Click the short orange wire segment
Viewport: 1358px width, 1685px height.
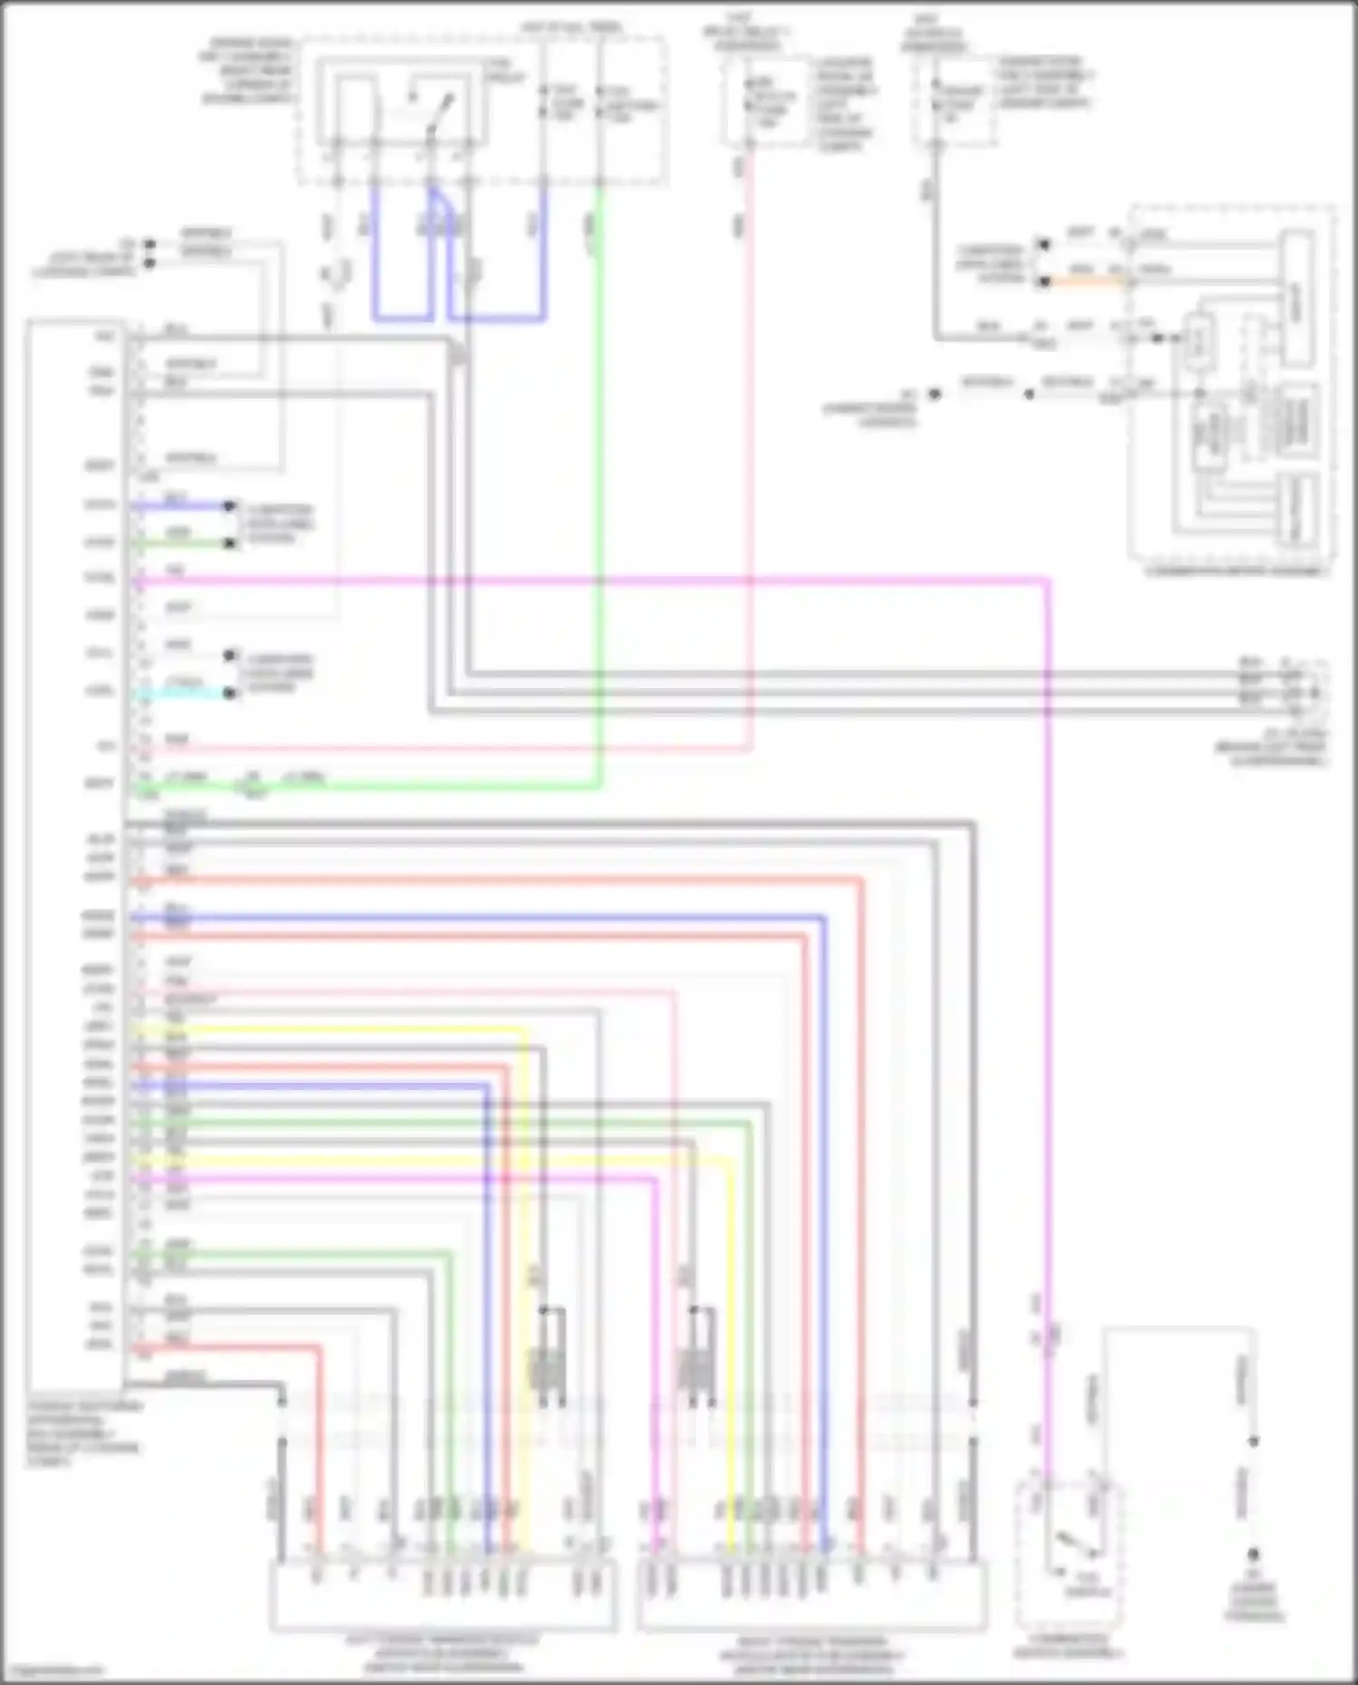tap(1086, 282)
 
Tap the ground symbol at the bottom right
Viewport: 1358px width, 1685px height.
tap(1254, 1555)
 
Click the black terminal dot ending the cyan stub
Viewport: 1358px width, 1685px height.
tap(231, 694)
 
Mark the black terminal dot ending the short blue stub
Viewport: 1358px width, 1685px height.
tap(231, 505)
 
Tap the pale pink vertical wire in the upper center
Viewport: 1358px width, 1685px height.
tap(751, 453)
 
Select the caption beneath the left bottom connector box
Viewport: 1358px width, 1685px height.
tap(443, 1653)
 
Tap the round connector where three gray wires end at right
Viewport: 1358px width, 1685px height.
tap(1304, 693)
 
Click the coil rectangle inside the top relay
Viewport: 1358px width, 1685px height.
tap(355, 109)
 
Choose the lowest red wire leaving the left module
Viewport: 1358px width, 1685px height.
tap(226, 1348)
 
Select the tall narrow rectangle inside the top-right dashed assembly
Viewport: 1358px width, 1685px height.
tap(1297, 300)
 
